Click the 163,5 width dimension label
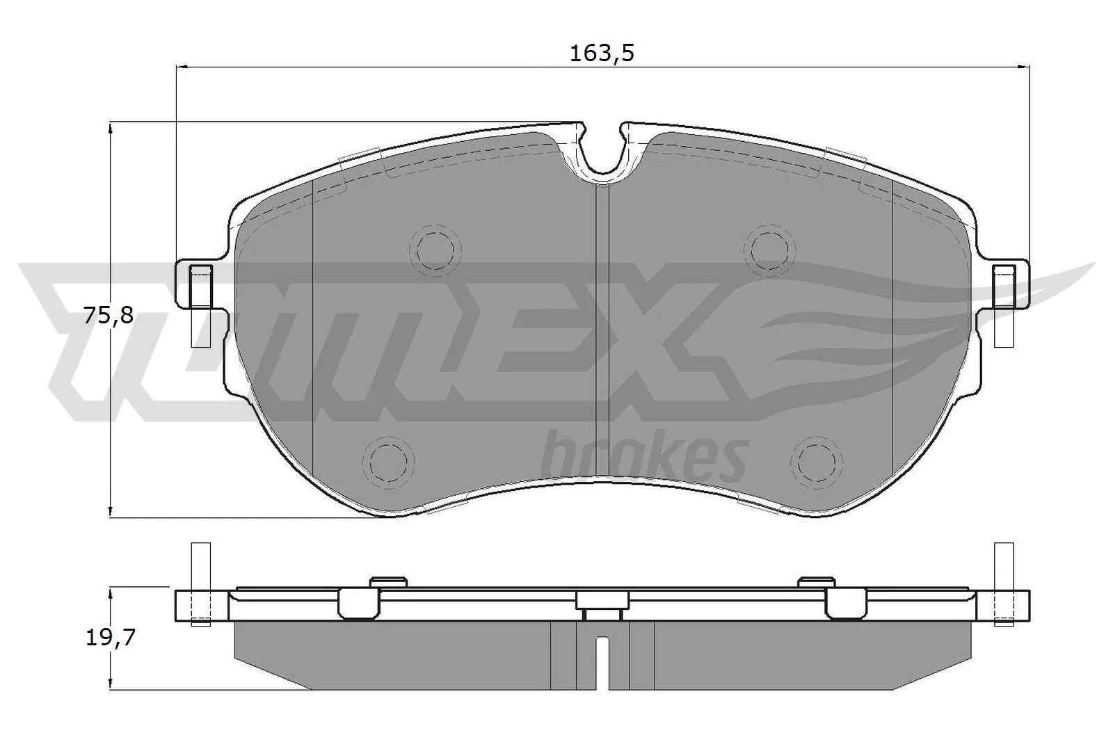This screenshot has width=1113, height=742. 602,53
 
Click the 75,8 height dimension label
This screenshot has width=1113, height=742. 108,316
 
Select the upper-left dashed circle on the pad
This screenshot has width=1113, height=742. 435,247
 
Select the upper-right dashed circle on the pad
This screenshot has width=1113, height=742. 769,247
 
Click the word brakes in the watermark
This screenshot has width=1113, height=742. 643,455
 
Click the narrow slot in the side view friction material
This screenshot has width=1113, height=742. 602,661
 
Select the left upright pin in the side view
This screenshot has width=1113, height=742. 200,583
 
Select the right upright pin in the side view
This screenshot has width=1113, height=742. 1003,583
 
